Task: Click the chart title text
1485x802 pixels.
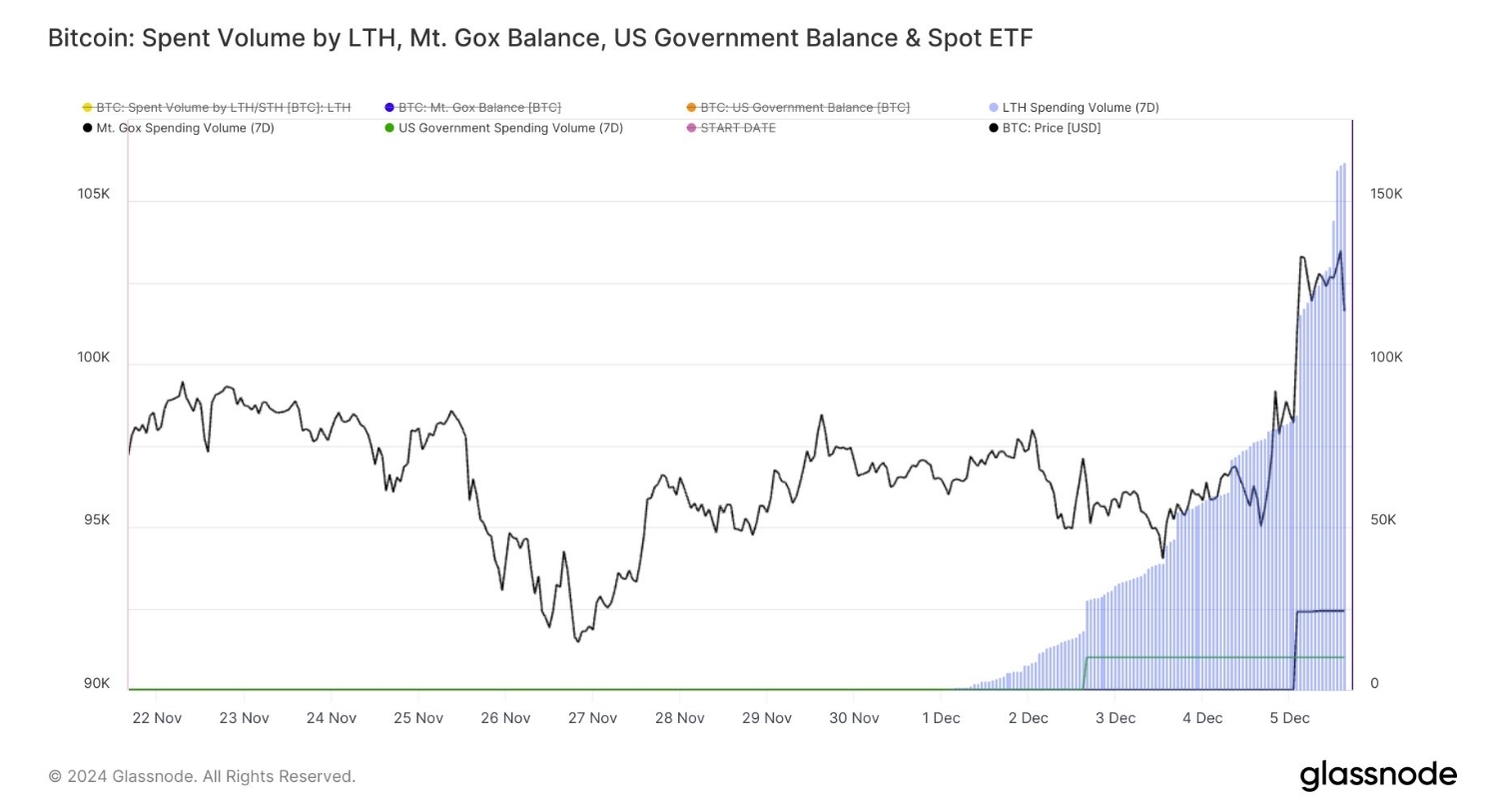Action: click(x=539, y=38)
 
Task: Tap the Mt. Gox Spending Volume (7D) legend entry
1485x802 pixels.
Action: click(x=185, y=128)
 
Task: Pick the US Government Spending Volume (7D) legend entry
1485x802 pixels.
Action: click(x=509, y=128)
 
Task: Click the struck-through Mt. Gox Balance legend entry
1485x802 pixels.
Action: click(x=478, y=107)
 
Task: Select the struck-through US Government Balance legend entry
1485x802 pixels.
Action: click(x=804, y=107)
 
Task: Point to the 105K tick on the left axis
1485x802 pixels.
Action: click(x=94, y=194)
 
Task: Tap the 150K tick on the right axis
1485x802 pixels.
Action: click(x=1386, y=194)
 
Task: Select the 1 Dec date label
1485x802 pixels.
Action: click(x=941, y=718)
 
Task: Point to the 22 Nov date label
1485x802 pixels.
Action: click(x=156, y=718)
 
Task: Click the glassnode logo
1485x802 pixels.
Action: click(x=1378, y=775)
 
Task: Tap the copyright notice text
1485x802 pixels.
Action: click(x=202, y=776)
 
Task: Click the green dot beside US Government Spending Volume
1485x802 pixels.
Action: click(x=389, y=128)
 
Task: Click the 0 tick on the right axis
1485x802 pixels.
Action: click(x=1374, y=684)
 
